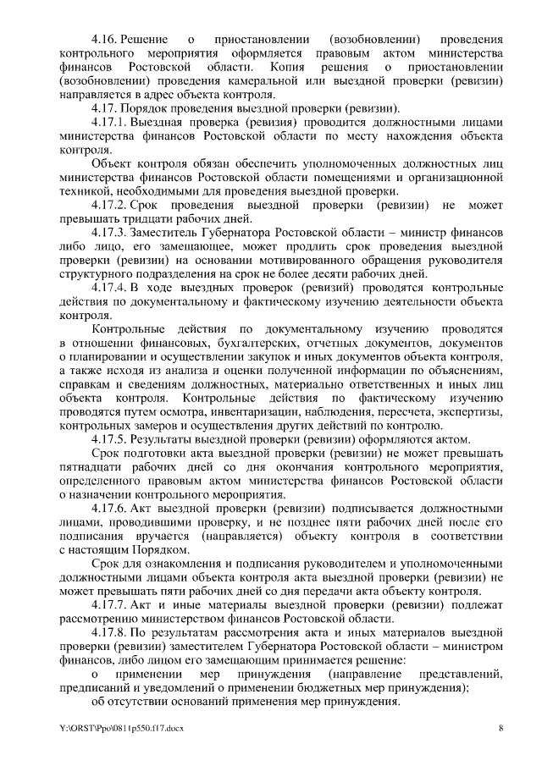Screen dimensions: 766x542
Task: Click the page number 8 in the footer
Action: [x=501, y=728]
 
